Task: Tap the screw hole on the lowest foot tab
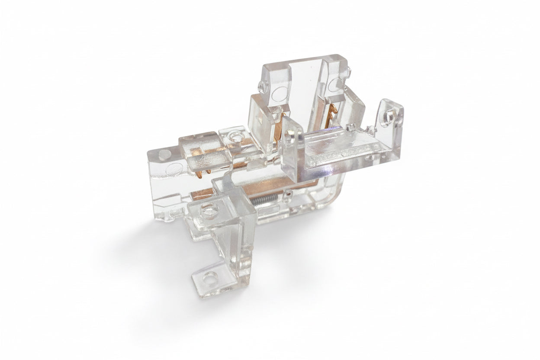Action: click(x=211, y=275)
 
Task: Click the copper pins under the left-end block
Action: click(x=200, y=173)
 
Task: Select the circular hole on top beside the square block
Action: click(x=236, y=137)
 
